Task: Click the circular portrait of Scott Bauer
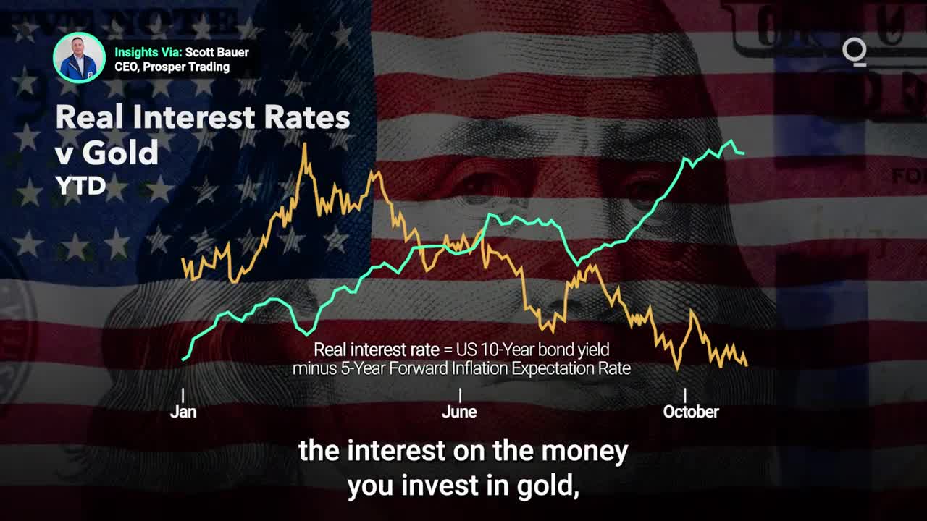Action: coord(79,57)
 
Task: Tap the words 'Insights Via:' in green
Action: coord(148,53)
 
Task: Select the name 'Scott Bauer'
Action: coord(217,53)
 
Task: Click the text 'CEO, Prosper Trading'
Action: coord(172,67)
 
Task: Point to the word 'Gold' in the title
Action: coord(120,153)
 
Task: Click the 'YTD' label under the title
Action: coord(81,186)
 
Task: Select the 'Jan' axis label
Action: coord(183,412)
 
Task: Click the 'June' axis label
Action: coord(459,412)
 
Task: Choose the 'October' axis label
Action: coord(691,412)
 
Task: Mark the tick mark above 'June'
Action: coord(460,395)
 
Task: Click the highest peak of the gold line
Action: coord(305,143)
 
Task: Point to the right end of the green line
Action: coord(744,153)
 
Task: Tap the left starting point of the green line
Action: coord(183,360)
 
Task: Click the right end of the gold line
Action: coord(747,365)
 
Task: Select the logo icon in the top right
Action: coord(854,52)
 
